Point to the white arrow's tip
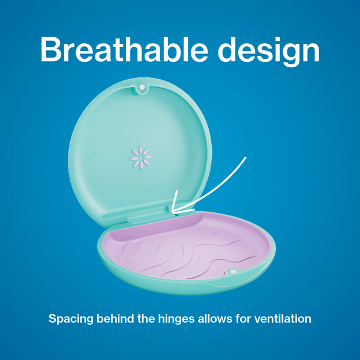[172, 211]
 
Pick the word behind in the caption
[118, 319]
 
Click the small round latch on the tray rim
[233, 272]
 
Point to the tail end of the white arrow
[246, 158]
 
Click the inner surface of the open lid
[144, 132]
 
